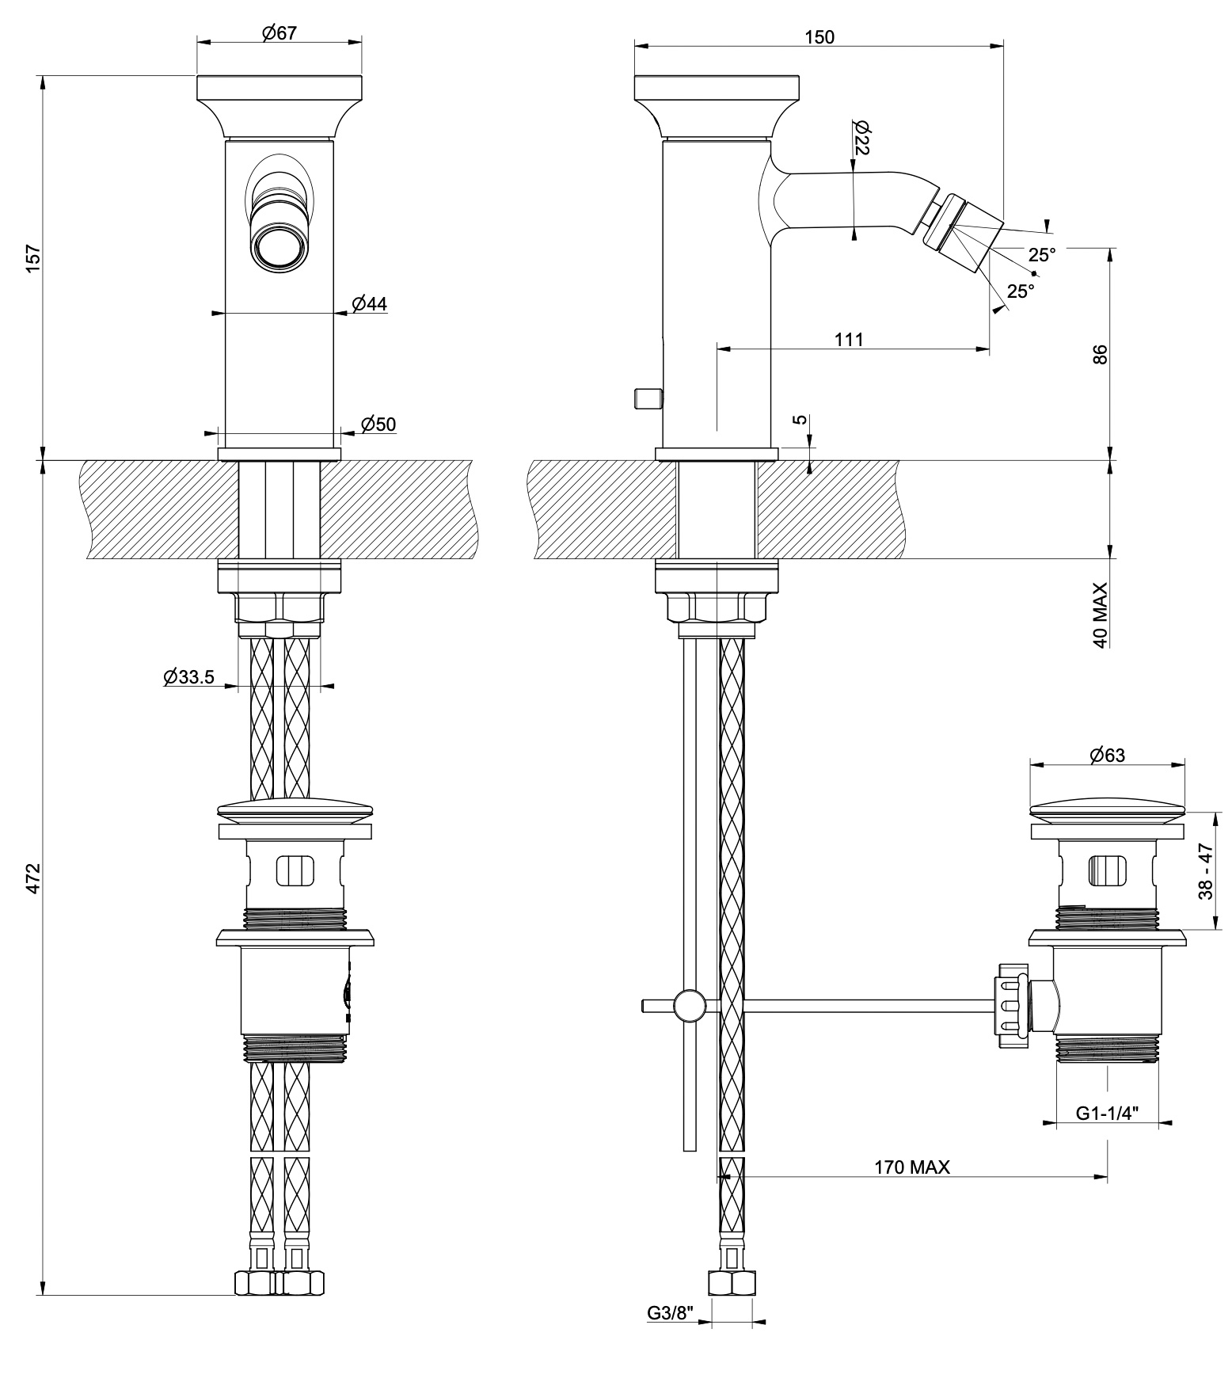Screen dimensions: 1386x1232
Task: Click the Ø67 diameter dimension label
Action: [278, 33]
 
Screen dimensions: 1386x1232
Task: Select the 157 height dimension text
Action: [33, 259]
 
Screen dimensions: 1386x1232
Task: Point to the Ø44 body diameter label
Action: [370, 303]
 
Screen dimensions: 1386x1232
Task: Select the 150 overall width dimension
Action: [819, 36]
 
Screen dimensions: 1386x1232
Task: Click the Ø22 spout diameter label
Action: [863, 139]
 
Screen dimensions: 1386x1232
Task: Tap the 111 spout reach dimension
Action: [849, 339]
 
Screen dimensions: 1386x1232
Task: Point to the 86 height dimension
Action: [1100, 354]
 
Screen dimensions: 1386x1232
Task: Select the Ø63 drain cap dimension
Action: [1107, 755]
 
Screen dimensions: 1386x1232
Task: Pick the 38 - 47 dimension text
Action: [1205, 871]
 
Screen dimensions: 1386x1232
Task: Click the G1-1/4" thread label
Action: [1107, 1113]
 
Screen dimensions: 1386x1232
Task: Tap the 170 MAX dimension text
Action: [911, 1167]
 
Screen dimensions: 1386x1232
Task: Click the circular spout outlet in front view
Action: [276, 246]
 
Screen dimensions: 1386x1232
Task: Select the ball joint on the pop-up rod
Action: [689, 1006]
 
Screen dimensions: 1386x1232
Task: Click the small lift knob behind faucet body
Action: [647, 398]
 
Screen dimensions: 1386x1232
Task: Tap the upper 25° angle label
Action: [1042, 255]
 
